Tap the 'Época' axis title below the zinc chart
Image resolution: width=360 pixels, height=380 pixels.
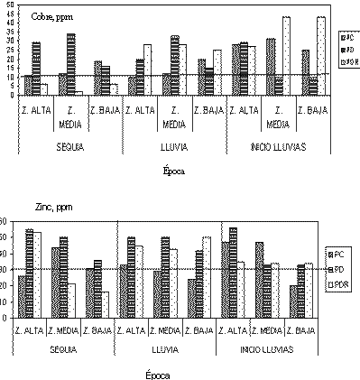pos(159,371)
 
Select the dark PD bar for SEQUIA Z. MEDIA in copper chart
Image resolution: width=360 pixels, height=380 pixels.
pos(70,64)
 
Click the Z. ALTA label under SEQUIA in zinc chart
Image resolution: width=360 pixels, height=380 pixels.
pos(30,329)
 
